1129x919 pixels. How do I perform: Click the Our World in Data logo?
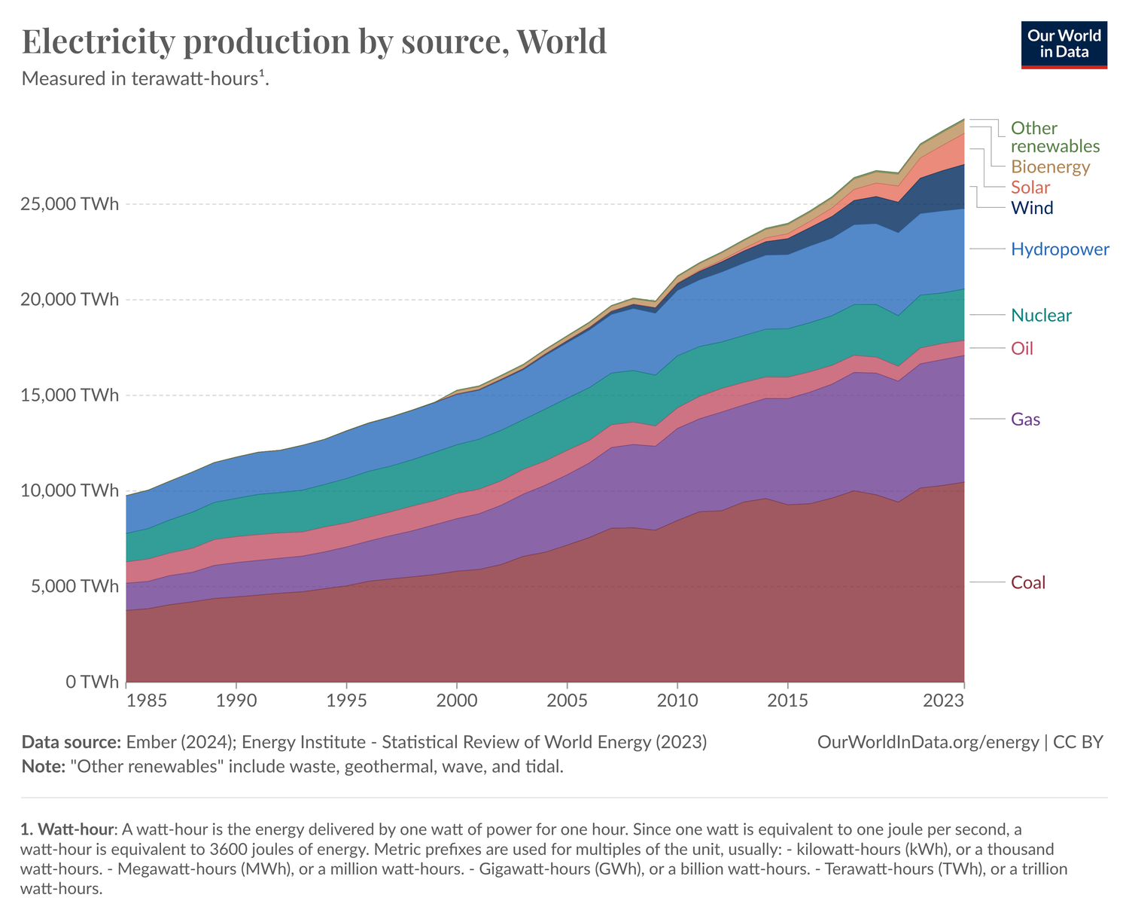coord(1064,44)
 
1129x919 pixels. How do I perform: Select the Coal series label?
coord(1028,583)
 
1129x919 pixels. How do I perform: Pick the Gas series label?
coord(1025,420)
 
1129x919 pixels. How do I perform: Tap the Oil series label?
coord(1022,349)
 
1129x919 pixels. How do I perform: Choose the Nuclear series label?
coord(1041,316)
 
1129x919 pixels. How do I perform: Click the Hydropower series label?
coord(1060,249)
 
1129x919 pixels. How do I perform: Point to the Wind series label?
coord(1032,209)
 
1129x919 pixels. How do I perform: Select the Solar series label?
coord(1030,188)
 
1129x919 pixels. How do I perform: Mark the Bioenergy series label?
coord(1050,167)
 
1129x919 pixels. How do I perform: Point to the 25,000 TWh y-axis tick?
coord(69,204)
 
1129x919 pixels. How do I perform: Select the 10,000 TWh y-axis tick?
coord(69,491)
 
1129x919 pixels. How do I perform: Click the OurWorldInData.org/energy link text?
coord(927,743)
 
